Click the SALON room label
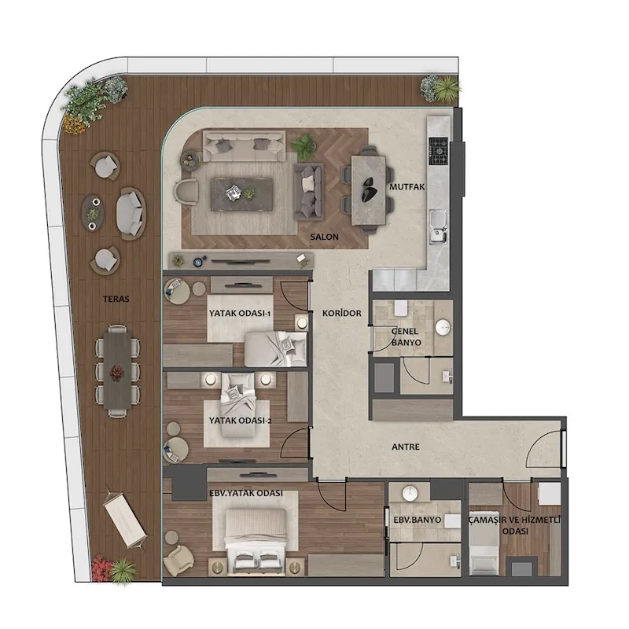[x=324, y=237]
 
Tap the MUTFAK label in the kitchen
[x=406, y=187]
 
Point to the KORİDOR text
[x=342, y=313]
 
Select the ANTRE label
[x=406, y=447]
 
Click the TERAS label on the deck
[x=116, y=300]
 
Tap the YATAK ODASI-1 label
[x=240, y=313]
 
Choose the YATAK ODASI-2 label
[x=241, y=421]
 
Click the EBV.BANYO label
[x=417, y=520]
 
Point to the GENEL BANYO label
[x=406, y=337]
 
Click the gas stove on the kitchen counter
[x=439, y=151]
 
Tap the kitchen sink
[x=439, y=226]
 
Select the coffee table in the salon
[x=242, y=194]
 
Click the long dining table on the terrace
[x=117, y=371]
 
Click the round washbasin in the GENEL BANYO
[x=443, y=328]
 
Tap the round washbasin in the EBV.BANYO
[x=410, y=494]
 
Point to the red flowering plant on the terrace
[x=101, y=567]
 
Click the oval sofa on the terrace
[x=131, y=214]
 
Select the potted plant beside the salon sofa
[x=303, y=146]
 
